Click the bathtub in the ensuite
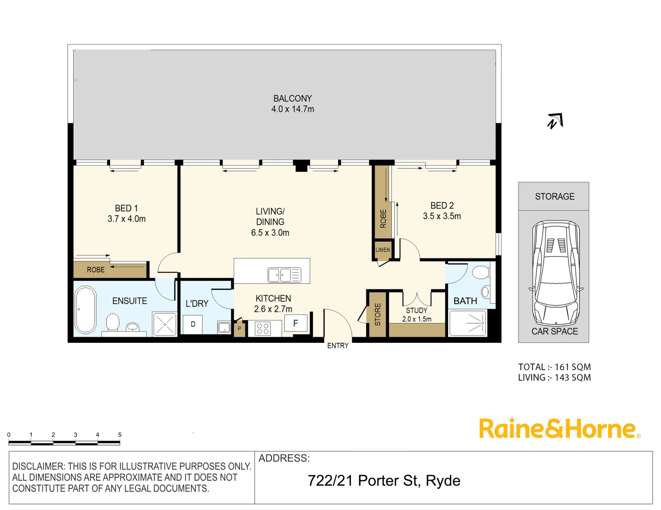point(85,310)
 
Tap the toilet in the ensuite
point(113,323)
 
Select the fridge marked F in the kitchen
point(296,323)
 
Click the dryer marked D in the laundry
point(193,324)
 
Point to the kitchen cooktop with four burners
point(263,329)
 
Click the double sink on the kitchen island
point(279,275)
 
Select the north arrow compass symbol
point(555,121)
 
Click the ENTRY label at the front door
point(338,346)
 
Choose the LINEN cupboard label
point(383,250)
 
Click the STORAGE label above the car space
point(555,196)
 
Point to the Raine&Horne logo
point(559,429)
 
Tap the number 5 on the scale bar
point(120,435)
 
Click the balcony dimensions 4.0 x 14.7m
point(293,109)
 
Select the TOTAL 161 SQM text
point(554,367)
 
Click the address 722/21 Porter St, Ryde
point(384,481)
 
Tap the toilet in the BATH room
point(481,272)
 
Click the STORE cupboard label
point(378,314)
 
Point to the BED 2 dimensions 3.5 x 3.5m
point(442,216)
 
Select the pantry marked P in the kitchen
point(239,329)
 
